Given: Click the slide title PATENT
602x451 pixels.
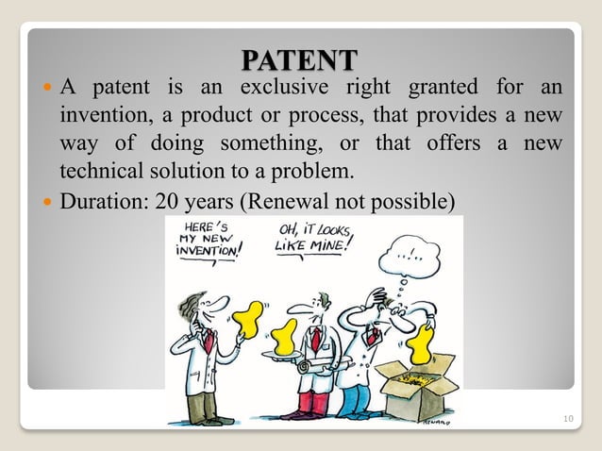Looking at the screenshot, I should [299, 59].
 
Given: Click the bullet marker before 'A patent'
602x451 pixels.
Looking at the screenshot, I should [48, 91].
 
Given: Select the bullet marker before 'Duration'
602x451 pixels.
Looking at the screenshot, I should [48, 202].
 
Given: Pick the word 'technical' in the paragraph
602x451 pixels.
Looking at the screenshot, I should [97, 173].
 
